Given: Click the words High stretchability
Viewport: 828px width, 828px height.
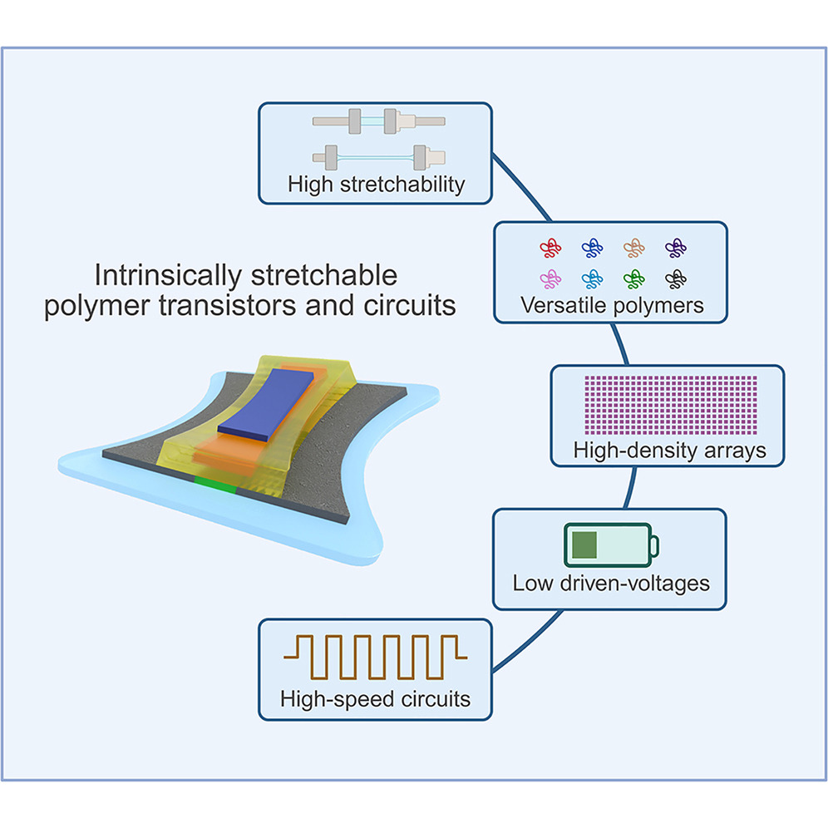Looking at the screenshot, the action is [376, 185].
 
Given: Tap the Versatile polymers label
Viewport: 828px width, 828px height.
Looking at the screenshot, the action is [612, 306].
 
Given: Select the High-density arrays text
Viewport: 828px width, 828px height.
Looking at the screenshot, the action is [669, 451].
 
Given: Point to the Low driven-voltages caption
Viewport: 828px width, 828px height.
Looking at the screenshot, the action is [611, 584].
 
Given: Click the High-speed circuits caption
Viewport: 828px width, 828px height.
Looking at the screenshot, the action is [376, 699].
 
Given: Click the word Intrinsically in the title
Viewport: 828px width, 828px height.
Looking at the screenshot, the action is [168, 276].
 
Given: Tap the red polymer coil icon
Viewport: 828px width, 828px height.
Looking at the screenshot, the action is [550, 248].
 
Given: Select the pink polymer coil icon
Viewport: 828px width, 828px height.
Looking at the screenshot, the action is [550, 278].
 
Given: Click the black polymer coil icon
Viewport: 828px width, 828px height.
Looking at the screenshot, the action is [676, 278].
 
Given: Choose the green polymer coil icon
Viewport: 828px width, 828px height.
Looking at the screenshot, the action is [633, 278].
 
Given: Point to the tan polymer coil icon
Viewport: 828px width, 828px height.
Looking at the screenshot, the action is [633, 248].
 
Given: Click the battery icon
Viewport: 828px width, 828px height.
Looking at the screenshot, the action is [611, 545].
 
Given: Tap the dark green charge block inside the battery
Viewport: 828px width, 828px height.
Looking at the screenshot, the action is [584, 545].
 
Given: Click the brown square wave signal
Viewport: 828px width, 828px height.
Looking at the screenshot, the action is [376, 657].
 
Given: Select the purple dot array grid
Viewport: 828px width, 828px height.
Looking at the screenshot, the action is [671, 405].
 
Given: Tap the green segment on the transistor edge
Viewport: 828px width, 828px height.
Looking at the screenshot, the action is [215, 485].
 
